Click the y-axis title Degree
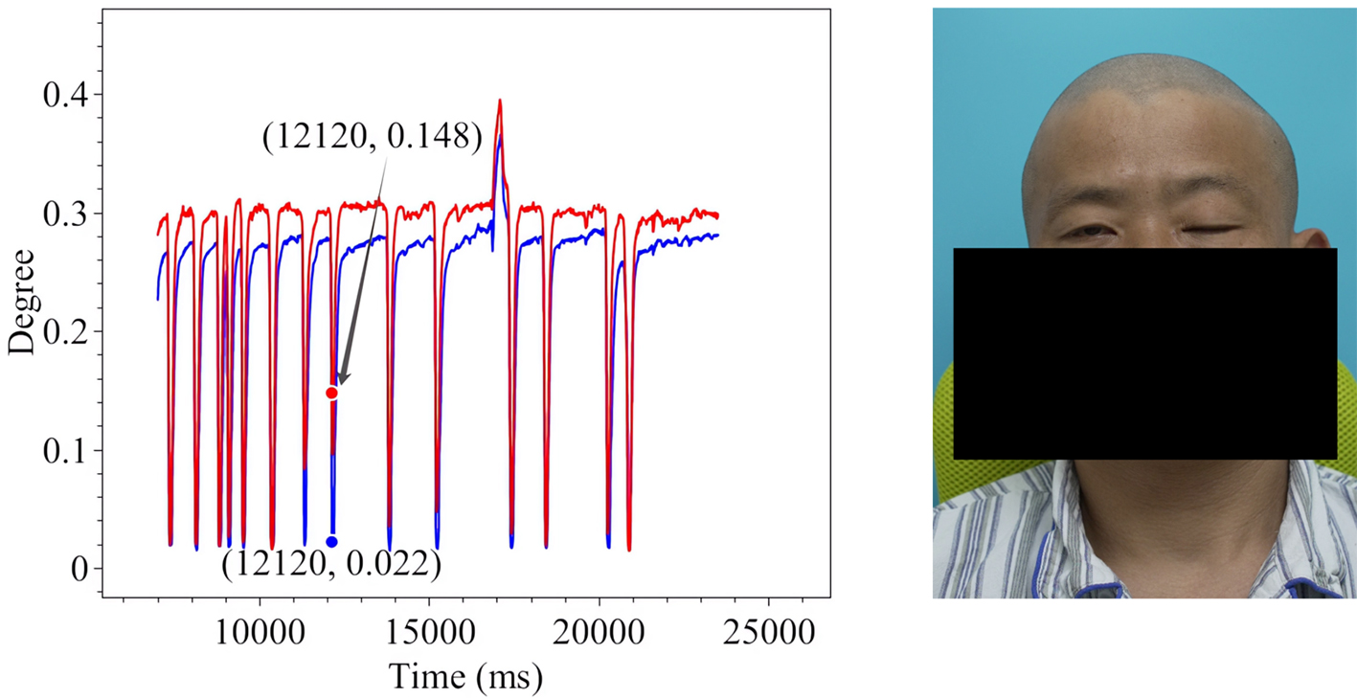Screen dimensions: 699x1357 pos(21,302)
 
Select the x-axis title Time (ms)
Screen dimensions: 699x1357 pos(465,677)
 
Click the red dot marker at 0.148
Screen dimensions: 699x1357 pos(331,393)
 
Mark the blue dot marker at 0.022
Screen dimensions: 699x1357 pos(331,542)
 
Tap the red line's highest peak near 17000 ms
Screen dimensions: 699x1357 pos(499,101)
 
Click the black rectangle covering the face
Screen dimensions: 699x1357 pos(1144,353)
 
